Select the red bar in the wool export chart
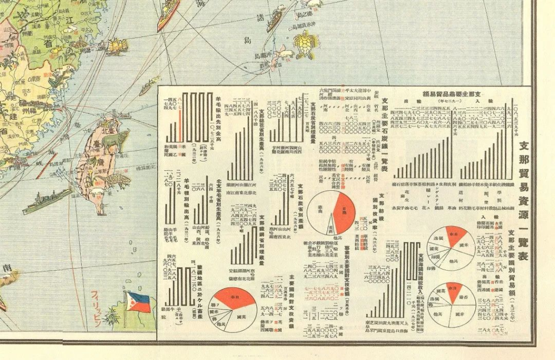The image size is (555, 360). [x=180, y=117]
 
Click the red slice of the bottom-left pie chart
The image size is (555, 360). [x=233, y=297]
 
